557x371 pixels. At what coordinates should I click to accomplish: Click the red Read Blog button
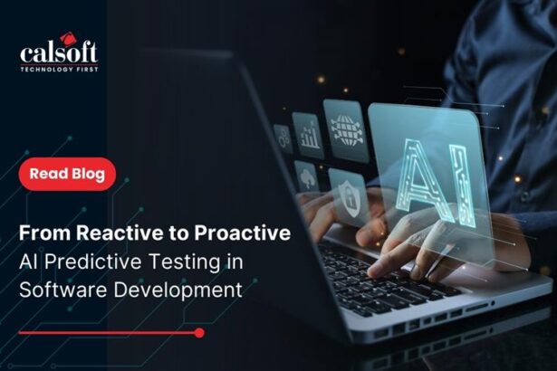[x=67, y=174]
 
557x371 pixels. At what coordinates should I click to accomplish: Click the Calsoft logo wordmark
[x=59, y=53]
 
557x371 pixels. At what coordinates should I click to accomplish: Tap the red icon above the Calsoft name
[x=67, y=38]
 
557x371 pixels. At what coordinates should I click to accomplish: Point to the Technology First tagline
[x=59, y=70]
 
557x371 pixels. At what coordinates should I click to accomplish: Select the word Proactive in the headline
[x=242, y=233]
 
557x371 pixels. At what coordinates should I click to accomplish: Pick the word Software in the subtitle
[x=62, y=290]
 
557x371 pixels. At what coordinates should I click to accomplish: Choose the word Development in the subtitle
[x=178, y=290]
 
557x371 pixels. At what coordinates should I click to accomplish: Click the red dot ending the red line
[x=199, y=333]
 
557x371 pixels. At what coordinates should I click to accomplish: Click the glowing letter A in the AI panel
[x=420, y=178]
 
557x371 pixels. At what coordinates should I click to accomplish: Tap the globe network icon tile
[x=345, y=130]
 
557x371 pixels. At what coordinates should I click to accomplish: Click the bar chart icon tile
[x=308, y=135]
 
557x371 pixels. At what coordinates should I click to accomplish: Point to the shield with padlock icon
[x=349, y=198]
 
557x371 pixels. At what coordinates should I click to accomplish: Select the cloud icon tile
[x=306, y=177]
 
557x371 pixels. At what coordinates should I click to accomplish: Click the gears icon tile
[x=283, y=138]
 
